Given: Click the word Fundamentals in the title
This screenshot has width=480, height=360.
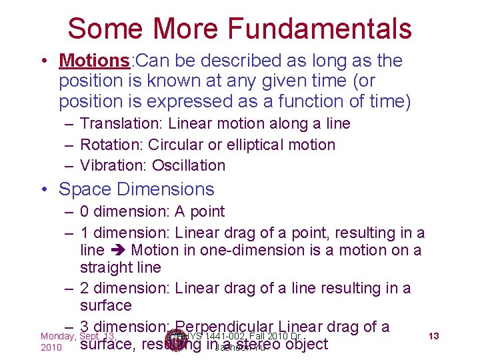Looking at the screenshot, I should click(x=319, y=29).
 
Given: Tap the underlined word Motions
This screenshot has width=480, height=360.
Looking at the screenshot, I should click(x=95, y=61).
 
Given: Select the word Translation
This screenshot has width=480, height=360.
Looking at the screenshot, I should click(x=121, y=123).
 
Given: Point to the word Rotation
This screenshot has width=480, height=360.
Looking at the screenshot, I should click(x=111, y=145).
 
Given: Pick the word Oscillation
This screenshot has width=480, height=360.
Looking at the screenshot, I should click(x=189, y=165).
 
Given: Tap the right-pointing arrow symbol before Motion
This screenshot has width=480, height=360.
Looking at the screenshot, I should click(x=118, y=250).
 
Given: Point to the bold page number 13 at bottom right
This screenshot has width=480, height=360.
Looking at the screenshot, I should click(x=433, y=335).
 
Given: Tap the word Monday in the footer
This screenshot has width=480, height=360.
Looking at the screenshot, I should click(x=58, y=336).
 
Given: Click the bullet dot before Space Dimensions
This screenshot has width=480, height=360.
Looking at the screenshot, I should click(x=44, y=189).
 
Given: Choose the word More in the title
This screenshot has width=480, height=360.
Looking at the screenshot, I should click(x=190, y=29).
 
